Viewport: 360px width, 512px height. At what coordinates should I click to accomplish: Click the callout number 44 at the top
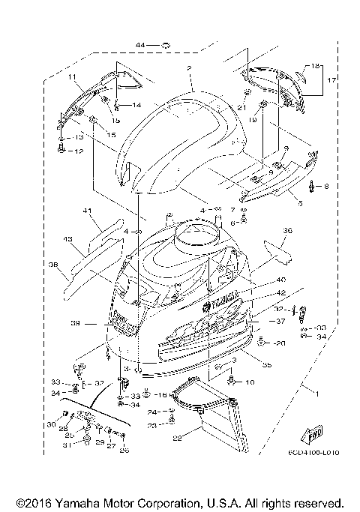coord(140,46)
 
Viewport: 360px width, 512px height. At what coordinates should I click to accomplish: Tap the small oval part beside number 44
coord(166,46)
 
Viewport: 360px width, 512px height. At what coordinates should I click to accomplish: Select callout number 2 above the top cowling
coord(190,68)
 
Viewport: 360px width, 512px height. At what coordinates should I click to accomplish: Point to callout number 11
coord(73,77)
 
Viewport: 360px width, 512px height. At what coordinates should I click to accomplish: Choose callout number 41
coord(86,212)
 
